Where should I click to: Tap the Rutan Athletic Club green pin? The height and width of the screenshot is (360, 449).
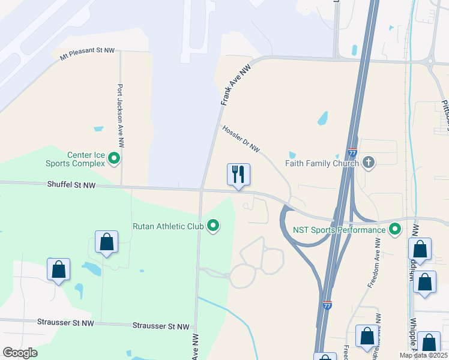coord(213,226)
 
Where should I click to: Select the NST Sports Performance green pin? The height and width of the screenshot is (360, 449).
coord(395,229)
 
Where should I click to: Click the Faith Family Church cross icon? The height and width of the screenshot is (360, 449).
coord(369,163)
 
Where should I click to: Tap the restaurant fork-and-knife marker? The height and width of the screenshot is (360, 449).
coord(238,175)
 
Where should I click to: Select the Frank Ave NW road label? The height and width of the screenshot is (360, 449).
coord(235,86)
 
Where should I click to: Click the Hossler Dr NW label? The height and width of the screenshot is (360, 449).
coord(241,139)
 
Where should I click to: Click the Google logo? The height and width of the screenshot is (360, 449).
coord(20,353)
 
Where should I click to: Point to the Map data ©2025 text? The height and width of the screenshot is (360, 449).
coord(423,355)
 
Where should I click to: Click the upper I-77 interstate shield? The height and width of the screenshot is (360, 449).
coord(352,154)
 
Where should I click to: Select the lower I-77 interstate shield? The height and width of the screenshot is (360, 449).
coord(327,305)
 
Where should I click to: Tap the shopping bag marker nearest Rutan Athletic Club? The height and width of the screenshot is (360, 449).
coord(107,242)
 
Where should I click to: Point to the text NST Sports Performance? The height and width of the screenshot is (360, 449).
coord(339,230)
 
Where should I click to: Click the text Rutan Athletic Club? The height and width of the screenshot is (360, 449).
coord(169,226)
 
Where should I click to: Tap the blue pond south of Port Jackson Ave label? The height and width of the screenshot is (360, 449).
coord(98,128)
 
